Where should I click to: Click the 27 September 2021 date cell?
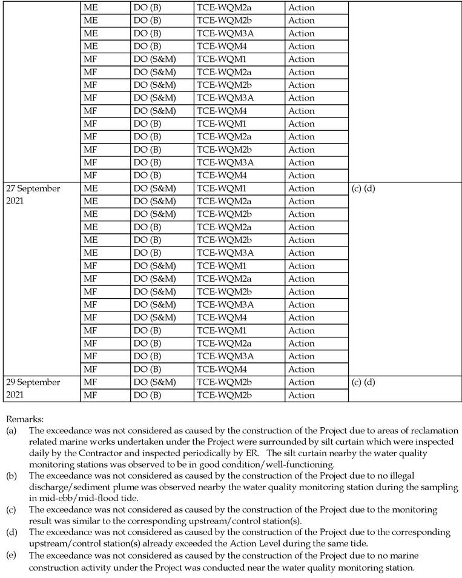point(33,194)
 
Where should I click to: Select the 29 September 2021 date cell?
point(33,388)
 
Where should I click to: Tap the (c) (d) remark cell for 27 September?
point(364,188)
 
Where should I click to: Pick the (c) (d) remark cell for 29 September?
point(364,382)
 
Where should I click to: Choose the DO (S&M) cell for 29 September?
point(154,382)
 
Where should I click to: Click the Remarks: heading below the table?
point(22,418)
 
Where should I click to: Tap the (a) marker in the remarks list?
point(11,430)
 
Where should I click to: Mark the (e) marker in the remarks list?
point(11,555)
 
